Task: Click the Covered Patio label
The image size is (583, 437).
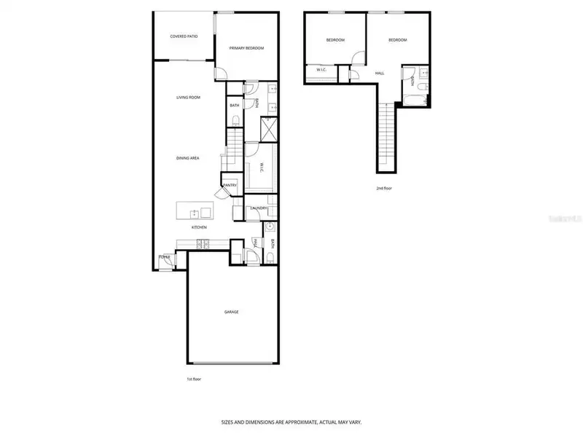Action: pos(184,36)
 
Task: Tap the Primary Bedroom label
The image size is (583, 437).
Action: pos(246,48)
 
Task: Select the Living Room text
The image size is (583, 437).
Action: pos(188,98)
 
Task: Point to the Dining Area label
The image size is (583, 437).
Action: pos(188,158)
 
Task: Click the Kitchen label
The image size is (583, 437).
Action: pos(199,227)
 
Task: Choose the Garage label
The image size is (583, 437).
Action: pos(231,312)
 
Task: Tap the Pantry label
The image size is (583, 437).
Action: pos(230,186)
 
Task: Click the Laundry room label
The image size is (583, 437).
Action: pos(259,209)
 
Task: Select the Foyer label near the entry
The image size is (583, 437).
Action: pos(165,257)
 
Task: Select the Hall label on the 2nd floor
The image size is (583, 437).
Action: pos(380,74)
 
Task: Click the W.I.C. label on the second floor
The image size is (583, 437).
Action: pos(321,71)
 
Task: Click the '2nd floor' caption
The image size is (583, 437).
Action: pos(385,188)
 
